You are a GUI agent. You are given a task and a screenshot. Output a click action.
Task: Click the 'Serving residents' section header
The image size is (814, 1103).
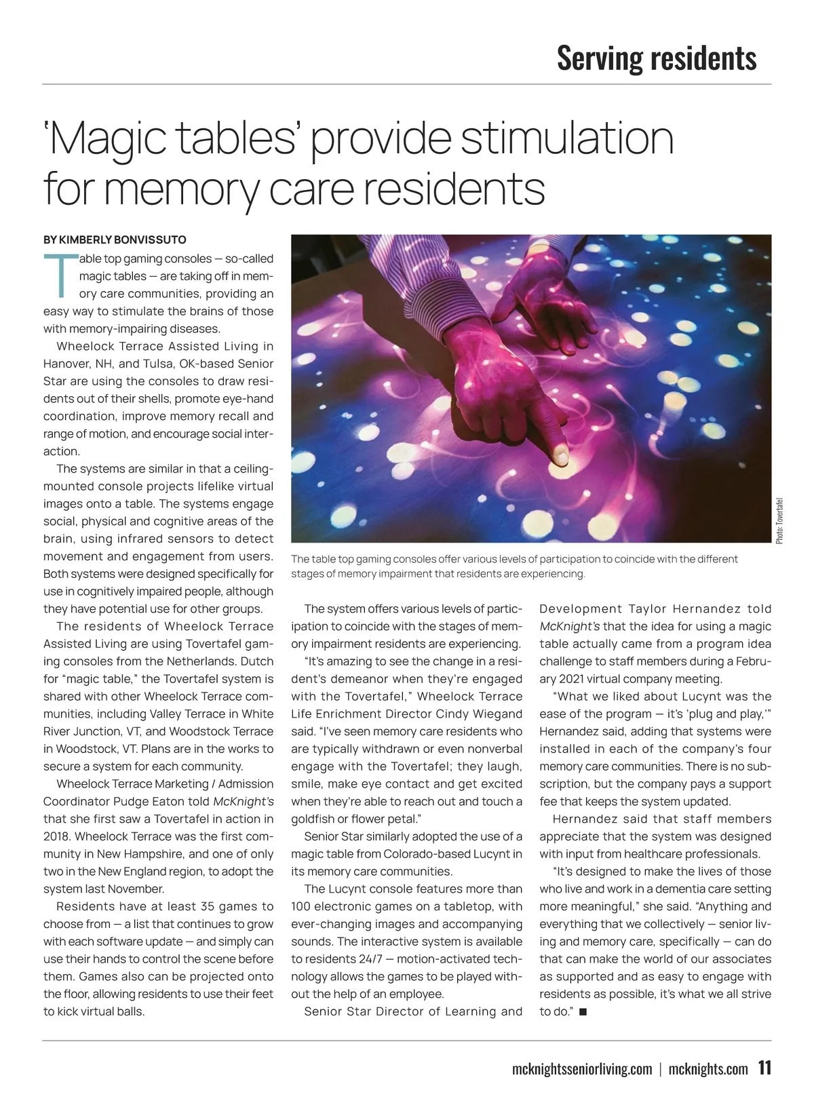(x=656, y=58)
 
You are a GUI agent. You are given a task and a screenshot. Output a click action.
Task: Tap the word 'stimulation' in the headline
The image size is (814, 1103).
(x=567, y=138)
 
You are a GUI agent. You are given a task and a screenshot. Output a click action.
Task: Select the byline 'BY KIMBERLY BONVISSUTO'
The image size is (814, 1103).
(x=115, y=239)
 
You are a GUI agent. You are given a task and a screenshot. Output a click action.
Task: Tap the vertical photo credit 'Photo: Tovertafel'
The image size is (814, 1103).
(x=779, y=520)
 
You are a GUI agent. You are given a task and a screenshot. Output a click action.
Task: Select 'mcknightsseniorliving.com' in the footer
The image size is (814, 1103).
(x=582, y=1070)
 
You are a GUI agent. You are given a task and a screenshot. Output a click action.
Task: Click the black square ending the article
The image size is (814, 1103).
(x=583, y=1012)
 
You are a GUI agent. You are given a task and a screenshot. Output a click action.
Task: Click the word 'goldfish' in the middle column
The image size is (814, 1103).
(x=312, y=819)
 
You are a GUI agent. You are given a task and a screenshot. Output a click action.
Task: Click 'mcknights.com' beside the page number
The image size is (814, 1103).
(x=708, y=1070)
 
